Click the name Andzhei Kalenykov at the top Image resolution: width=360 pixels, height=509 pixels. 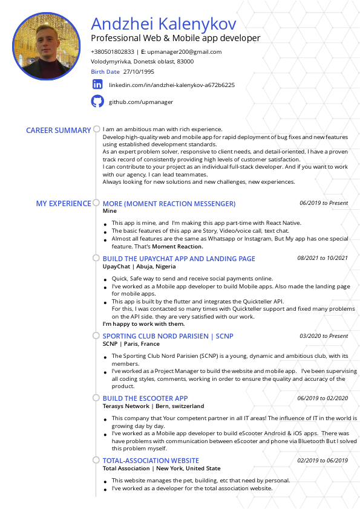tap(163, 24)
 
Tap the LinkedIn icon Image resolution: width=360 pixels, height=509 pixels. tap(97, 85)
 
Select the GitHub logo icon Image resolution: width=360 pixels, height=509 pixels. tap(97, 102)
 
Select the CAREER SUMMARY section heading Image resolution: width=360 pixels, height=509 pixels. tap(58, 131)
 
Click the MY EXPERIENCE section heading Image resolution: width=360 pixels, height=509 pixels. tap(64, 204)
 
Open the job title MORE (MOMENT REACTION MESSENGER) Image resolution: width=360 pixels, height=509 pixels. tap(169, 204)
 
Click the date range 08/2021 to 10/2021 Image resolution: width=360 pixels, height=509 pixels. tap(322, 258)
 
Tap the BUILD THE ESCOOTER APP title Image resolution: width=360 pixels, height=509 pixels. tap(145, 398)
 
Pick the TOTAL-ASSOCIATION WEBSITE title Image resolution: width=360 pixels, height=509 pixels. tap(151, 461)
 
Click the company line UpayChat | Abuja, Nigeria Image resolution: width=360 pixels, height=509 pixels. tap(139, 267)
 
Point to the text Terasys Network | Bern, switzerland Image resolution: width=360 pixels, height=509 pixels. tap(153, 406)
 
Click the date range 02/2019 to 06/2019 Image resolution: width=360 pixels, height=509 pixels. tap(322, 461)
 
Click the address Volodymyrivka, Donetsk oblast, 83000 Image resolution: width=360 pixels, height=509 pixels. tap(142, 62)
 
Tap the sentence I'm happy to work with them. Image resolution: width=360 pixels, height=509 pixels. tap(143, 324)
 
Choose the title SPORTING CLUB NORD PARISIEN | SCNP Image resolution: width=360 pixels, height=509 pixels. tap(168, 336)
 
